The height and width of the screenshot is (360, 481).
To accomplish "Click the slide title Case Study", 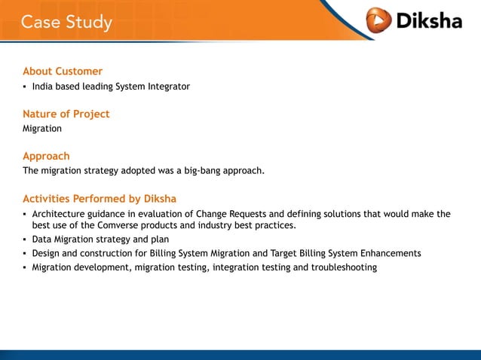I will [x=66, y=22].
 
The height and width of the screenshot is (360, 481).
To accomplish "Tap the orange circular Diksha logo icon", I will [x=378, y=20].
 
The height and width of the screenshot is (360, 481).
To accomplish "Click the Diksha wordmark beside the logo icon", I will [x=428, y=20].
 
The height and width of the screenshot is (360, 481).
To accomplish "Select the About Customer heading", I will [x=63, y=72].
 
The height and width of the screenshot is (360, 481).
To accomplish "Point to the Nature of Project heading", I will [x=66, y=114].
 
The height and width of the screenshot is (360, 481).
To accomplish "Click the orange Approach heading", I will [x=46, y=157].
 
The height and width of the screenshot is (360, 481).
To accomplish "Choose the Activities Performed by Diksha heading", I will [x=100, y=200].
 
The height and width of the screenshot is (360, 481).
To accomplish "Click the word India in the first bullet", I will [x=43, y=87].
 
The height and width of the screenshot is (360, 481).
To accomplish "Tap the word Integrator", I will [x=167, y=87].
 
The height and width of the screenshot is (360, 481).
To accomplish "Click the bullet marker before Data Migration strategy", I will [x=25, y=240].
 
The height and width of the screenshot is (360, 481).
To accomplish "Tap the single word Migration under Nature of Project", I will [x=42, y=129].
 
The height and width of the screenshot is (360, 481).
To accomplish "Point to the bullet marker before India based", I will [x=25, y=87].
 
